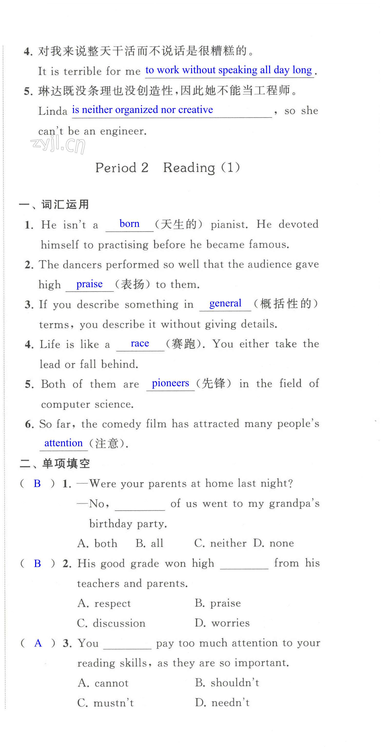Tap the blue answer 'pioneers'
(170, 383)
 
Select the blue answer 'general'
(225, 303)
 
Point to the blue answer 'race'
(140, 343)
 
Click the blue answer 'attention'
(63, 443)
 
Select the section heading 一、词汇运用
(54, 204)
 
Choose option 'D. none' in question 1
(274, 543)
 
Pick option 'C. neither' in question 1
(220, 543)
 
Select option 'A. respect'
(104, 603)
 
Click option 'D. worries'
(222, 623)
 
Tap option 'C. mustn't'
(106, 703)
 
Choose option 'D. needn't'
(222, 702)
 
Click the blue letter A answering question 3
(38, 643)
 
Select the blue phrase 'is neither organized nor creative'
(142, 110)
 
